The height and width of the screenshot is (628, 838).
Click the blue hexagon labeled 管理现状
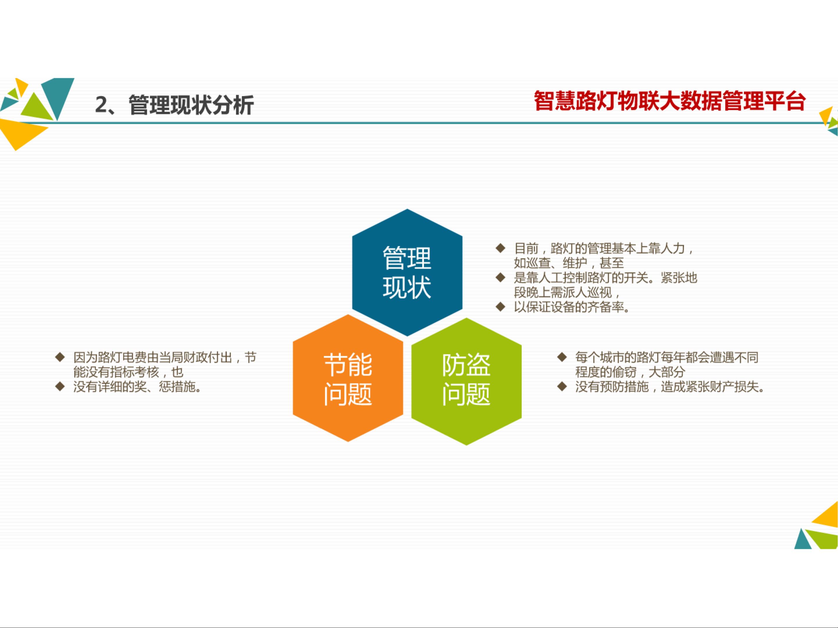[x=407, y=273]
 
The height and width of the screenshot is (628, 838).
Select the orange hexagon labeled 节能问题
[x=348, y=378]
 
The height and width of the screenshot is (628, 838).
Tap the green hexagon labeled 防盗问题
[x=466, y=382]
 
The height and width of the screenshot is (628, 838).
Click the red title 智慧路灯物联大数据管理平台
[x=669, y=101]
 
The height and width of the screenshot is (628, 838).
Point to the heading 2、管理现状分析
[x=174, y=105]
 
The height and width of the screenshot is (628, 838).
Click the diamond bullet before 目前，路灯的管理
[x=501, y=248]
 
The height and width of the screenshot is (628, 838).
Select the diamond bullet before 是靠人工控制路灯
[x=501, y=278]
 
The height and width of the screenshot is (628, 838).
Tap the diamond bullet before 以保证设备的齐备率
[x=501, y=307]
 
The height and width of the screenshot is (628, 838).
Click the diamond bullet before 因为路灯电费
[x=60, y=357]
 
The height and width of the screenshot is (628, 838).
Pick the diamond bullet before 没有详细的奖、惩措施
[x=60, y=387]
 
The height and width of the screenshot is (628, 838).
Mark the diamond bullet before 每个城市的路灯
[x=562, y=357]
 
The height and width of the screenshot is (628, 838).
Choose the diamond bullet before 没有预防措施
[x=562, y=387]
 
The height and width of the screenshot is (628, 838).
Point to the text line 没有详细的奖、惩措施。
[x=137, y=387]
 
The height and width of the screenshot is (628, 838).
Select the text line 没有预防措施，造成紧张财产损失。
[x=670, y=387]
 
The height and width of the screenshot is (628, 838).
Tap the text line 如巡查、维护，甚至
[x=569, y=263]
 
